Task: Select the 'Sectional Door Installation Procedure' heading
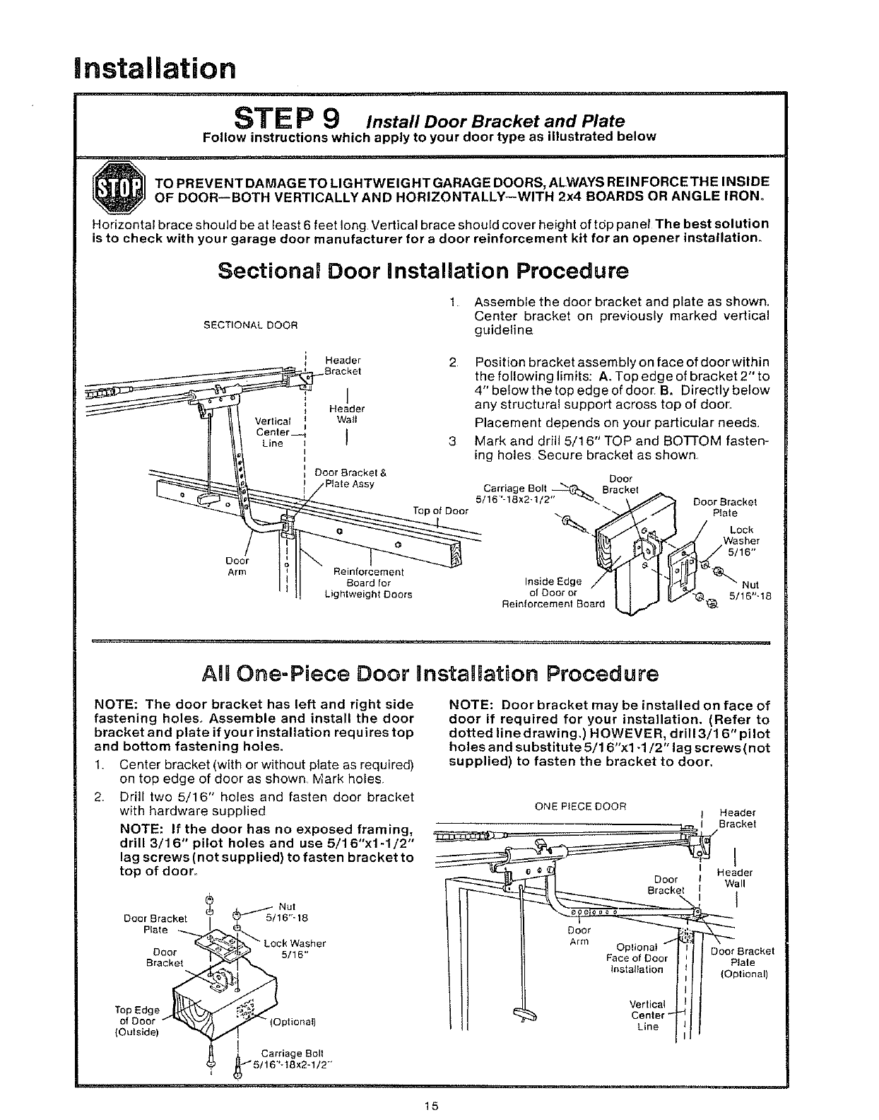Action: pos(423,272)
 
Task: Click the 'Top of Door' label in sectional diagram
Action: pos(441,511)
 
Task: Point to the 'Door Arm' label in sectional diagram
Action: pos(236,566)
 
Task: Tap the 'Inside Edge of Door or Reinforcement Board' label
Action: pos(553,593)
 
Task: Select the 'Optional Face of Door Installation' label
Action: pos(637,958)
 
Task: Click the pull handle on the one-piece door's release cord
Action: pos(524,1017)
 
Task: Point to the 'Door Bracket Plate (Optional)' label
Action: pos(743,962)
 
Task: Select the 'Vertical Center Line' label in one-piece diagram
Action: pos(647,1015)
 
